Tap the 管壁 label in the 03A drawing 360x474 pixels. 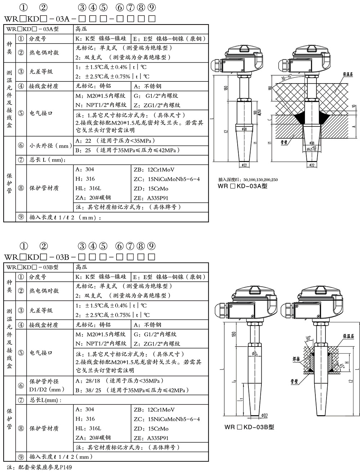click(x=284, y=142)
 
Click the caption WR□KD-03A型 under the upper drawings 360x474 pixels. click(x=243, y=186)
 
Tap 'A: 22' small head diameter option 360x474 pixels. click(x=84, y=141)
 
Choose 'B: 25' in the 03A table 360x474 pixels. click(x=84, y=150)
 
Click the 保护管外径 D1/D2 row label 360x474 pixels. click(x=48, y=385)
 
